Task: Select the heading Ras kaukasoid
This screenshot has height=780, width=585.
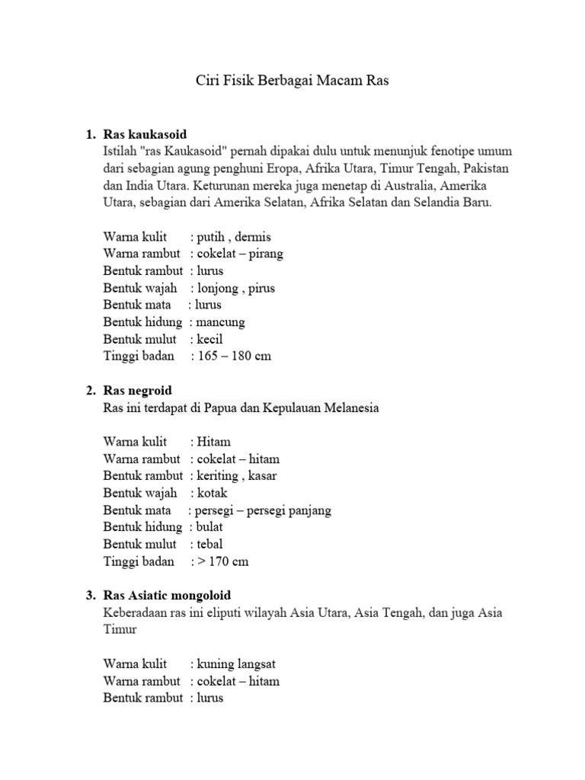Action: [145, 135]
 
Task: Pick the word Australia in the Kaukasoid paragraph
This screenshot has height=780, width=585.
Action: [411, 186]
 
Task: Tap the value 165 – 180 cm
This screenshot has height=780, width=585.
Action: [233, 356]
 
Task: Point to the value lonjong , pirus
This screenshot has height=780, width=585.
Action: [236, 288]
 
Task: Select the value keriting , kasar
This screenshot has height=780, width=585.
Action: [236, 476]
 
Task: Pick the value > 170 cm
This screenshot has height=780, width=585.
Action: [222, 562]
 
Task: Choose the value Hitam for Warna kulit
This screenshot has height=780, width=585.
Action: [213, 442]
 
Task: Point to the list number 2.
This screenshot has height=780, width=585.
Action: [89, 391]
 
